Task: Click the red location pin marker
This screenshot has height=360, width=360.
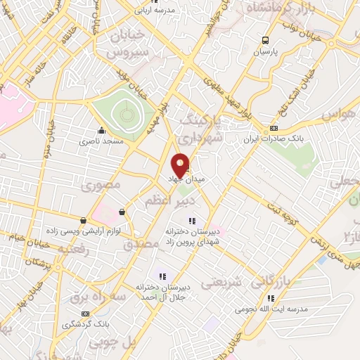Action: click(x=181, y=165)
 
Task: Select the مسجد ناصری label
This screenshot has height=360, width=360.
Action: click(x=104, y=141)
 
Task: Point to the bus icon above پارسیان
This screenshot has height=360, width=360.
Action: click(x=265, y=40)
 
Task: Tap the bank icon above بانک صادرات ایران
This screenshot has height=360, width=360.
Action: click(x=274, y=128)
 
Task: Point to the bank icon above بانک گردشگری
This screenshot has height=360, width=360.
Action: click(x=85, y=314)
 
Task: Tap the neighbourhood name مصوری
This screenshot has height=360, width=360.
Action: click(x=101, y=185)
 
